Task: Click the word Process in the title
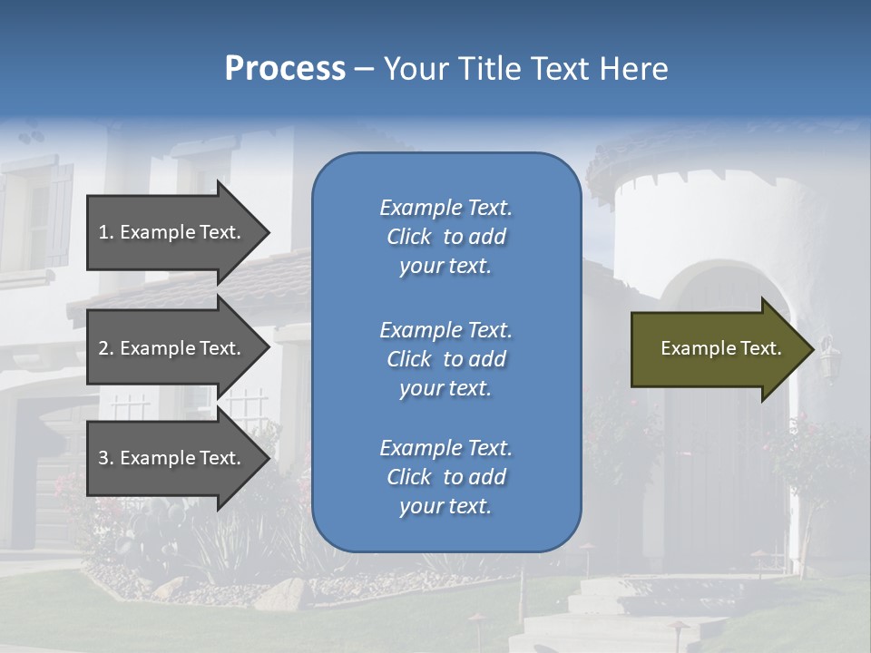[x=285, y=69]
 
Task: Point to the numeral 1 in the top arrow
[x=103, y=232]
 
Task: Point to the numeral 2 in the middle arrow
[x=103, y=348]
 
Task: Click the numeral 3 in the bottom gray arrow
[x=103, y=458]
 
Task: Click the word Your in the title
[x=416, y=69]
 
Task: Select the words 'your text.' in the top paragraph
[x=445, y=267]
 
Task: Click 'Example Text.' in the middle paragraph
[x=445, y=329]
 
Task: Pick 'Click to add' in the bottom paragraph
[x=445, y=477]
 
